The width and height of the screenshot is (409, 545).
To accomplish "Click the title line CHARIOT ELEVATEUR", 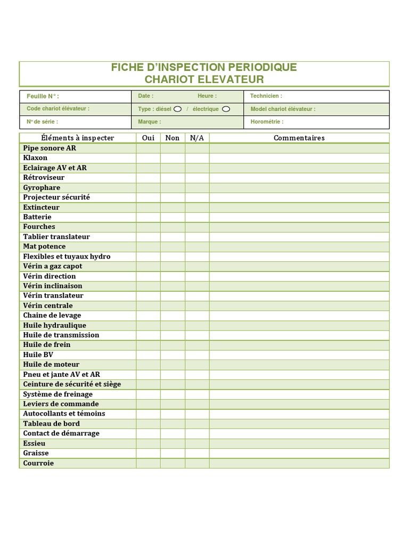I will [x=204, y=80].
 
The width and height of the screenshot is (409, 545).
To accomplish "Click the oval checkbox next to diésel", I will [x=178, y=109].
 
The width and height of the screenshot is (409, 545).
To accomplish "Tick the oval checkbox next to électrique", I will [x=226, y=109].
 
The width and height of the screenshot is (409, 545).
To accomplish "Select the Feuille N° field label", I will [x=43, y=96].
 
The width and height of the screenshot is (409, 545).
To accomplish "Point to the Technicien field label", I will [x=266, y=96].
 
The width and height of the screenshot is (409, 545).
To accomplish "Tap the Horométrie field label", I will [x=267, y=122].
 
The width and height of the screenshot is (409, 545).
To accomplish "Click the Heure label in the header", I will [x=207, y=96].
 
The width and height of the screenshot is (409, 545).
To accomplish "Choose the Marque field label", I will [x=149, y=122].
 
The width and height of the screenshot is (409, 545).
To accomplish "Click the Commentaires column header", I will [x=299, y=138].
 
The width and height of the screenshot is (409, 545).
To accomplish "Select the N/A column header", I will [x=197, y=138].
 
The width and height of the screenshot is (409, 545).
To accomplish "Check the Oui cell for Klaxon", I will [x=148, y=158].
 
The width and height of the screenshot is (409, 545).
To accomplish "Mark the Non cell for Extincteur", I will [x=173, y=207].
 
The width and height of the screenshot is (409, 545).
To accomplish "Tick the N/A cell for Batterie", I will [x=197, y=217].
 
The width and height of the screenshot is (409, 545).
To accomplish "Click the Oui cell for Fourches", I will [x=148, y=227].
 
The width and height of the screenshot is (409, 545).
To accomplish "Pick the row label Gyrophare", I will [x=42, y=187].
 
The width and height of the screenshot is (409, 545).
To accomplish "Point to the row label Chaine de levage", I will [x=52, y=315].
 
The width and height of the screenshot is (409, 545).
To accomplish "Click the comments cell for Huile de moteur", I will [x=299, y=365].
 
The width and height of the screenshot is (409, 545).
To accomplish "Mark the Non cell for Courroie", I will [x=173, y=463].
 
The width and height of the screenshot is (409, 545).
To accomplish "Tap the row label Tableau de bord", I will [x=52, y=424].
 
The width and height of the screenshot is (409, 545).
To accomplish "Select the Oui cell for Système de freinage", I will [x=148, y=394].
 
